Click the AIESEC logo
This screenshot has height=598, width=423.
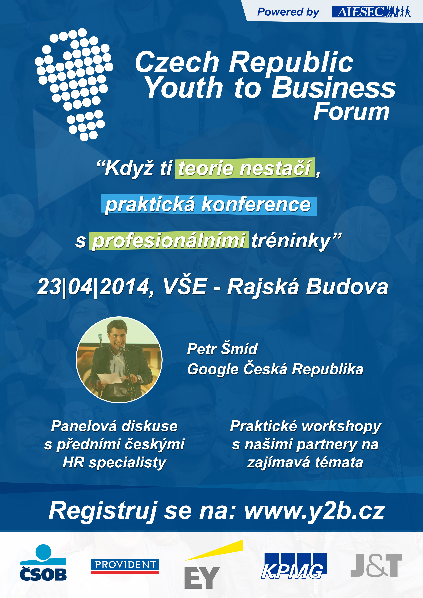[x=371, y=12]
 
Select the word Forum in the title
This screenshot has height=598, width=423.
[x=351, y=111]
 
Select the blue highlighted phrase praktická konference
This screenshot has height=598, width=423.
[x=209, y=205]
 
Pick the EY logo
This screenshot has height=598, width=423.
[x=214, y=568]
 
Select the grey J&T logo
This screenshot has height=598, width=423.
[x=376, y=565]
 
